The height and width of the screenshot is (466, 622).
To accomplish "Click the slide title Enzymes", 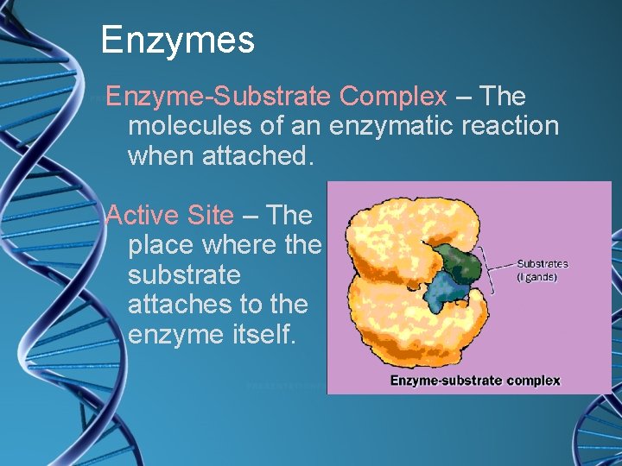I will tap(177, 40).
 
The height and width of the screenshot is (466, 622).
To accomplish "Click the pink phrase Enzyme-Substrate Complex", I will tap(276, 97).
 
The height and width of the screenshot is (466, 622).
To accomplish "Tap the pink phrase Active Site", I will tap(169, 215).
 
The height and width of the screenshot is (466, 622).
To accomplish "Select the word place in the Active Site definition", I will tap(161, 245).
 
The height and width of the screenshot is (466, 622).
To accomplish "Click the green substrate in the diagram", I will tap(456, 261).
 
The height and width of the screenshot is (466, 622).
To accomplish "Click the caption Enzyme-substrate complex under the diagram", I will tap(475, 380).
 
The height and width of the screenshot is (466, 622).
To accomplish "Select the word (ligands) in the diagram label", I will tap(536, 277).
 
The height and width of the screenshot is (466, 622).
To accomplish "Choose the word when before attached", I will tap(160, 156).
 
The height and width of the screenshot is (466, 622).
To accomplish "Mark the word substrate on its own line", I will tap(183, 274).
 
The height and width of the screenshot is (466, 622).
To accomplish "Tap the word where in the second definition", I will tap(238, 245).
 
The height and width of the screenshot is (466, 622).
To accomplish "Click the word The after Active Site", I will tap(289, 215).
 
